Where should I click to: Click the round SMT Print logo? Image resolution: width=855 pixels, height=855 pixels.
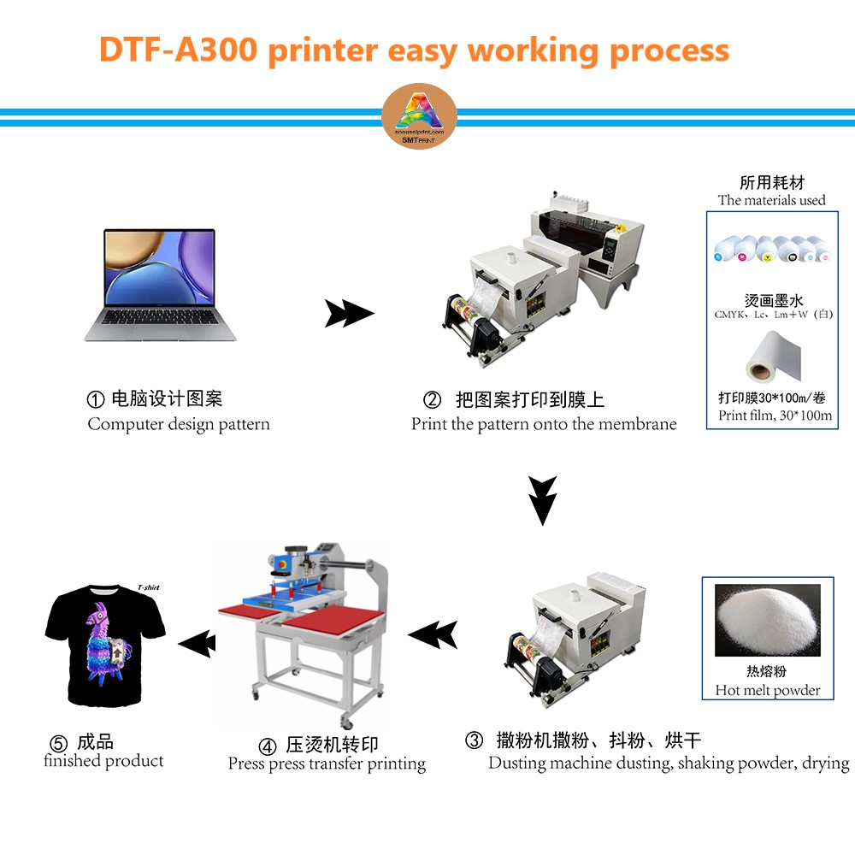click(x=418, y=117)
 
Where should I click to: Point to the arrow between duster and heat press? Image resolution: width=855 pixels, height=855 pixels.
click(x=433, y=634)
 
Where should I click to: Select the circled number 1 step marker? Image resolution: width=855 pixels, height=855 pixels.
click(x=96, y=399)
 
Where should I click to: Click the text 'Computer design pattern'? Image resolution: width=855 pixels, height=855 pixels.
click(x=179, y=424)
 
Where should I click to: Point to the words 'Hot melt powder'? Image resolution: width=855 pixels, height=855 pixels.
click(x=767, y=690)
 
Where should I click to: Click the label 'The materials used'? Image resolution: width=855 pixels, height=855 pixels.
click(x=771, y=200)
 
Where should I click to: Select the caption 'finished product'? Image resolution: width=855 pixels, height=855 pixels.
click(x=103, y=761)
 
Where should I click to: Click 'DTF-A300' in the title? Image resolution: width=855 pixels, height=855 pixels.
click(x=178, y=50)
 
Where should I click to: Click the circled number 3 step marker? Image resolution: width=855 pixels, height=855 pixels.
click(x=474, y=741)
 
